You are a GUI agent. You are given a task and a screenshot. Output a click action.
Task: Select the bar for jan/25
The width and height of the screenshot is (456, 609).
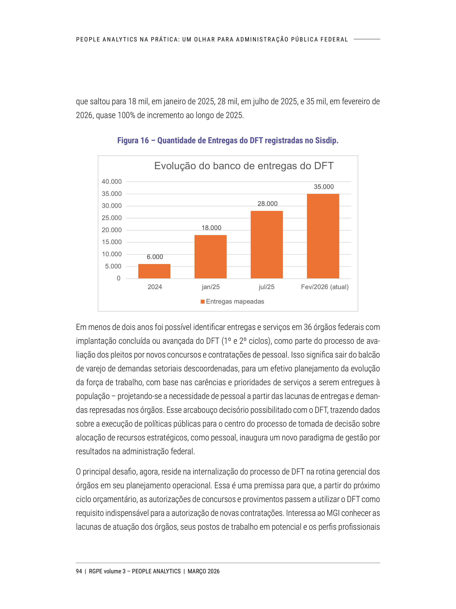click(x=211, y=257)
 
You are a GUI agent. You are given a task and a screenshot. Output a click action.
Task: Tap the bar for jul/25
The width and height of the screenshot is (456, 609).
click(x=267, y=244)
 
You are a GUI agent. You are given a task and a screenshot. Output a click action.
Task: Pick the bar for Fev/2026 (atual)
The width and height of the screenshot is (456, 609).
click(x=323, y=236)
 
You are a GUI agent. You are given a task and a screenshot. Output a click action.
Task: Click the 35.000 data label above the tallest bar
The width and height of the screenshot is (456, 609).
click(x=324, y=187)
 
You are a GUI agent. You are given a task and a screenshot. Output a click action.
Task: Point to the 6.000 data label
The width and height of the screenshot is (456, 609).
click(x=155, y=257)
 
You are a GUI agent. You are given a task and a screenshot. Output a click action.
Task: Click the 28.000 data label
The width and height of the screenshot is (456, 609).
click(x=267, y=204)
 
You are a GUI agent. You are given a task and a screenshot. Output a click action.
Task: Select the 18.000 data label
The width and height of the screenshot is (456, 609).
click(x=211, y=228)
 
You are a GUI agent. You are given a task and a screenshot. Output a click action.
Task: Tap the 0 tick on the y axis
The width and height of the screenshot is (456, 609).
click(x=119, y=278)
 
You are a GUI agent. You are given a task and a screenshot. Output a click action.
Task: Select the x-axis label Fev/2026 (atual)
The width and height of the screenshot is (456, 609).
click(x=325, y=287)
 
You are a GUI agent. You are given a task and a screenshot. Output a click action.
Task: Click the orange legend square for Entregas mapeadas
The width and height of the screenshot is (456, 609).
click(x=203, y=302)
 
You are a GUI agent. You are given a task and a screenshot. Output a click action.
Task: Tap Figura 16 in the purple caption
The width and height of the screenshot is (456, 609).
click(x=133, y=141)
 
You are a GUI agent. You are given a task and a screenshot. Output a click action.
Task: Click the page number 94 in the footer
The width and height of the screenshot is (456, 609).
click(x=79, y=571)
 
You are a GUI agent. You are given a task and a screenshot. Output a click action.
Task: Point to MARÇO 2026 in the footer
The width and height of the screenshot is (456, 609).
click(x=204, y=571)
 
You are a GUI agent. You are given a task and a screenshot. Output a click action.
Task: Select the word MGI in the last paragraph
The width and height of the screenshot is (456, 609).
click(x=333, y=513)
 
